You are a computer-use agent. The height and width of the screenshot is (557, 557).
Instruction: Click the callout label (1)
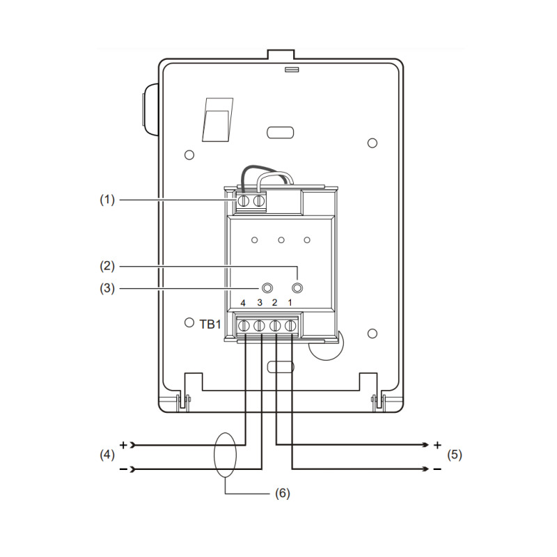(x=107, y=200)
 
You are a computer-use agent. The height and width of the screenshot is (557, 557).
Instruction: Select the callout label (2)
(x=107, y=266)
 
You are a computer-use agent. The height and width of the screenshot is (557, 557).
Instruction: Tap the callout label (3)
(x=107, y=288)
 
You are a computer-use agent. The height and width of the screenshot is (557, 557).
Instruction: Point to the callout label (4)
(x=107, y=455)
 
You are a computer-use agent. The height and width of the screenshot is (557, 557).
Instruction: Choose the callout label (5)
(x=455, y=455)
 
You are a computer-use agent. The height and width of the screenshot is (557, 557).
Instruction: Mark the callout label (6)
(x=283, y=494)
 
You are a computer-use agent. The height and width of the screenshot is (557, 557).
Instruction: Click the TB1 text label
(x=210, y=324)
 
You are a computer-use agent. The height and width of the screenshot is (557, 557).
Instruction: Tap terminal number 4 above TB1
(x=243, y=303)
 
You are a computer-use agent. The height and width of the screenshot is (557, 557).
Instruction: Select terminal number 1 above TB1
(x=290, y=303)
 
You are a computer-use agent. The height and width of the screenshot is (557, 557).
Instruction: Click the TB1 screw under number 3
(x=259, y=326)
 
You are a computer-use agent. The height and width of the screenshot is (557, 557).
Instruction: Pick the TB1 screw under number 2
(x=275, y=326)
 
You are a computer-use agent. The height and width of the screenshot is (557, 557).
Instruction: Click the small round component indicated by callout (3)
(x=267, y=288)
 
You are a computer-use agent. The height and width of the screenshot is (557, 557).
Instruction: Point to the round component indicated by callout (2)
(x=297, y=288)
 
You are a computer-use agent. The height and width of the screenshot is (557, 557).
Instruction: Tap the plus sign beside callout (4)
(x=123, y=445)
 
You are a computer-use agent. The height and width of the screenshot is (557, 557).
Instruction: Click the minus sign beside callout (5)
(x=437, y=469)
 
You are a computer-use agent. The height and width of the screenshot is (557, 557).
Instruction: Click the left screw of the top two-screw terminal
(x=243, y=201)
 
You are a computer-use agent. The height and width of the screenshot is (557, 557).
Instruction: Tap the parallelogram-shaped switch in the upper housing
(x=217, y=120)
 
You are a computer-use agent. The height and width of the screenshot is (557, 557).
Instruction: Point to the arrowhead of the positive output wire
(x=426, y=445)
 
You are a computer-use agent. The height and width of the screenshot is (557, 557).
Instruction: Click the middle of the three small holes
(x=281, y=240)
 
